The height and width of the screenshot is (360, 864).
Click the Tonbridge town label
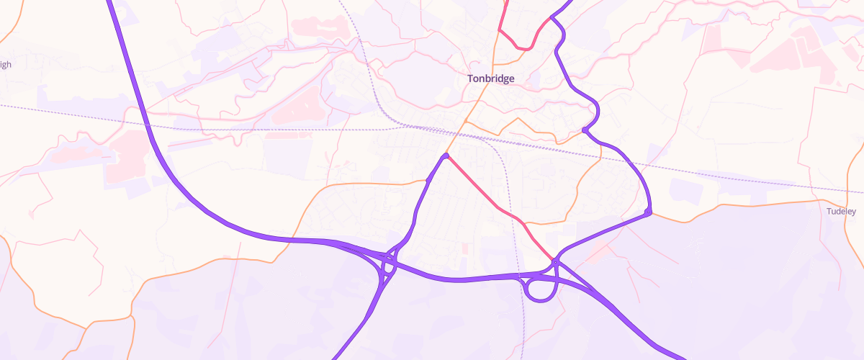click(490, 78)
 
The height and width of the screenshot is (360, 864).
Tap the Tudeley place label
click(841, 212)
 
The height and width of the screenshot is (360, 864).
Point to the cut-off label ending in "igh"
click(5, 64)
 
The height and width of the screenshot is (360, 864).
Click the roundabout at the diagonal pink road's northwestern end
click(446, 156)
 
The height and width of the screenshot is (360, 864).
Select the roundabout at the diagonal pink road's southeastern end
click(555, 261)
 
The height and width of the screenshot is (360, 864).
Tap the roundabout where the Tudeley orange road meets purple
click(648, 212)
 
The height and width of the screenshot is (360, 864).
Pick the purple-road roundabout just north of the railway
click(585, 130)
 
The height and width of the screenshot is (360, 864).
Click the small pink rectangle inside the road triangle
click(464, 248)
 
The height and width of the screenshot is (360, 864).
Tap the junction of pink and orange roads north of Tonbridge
click(499, 30)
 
